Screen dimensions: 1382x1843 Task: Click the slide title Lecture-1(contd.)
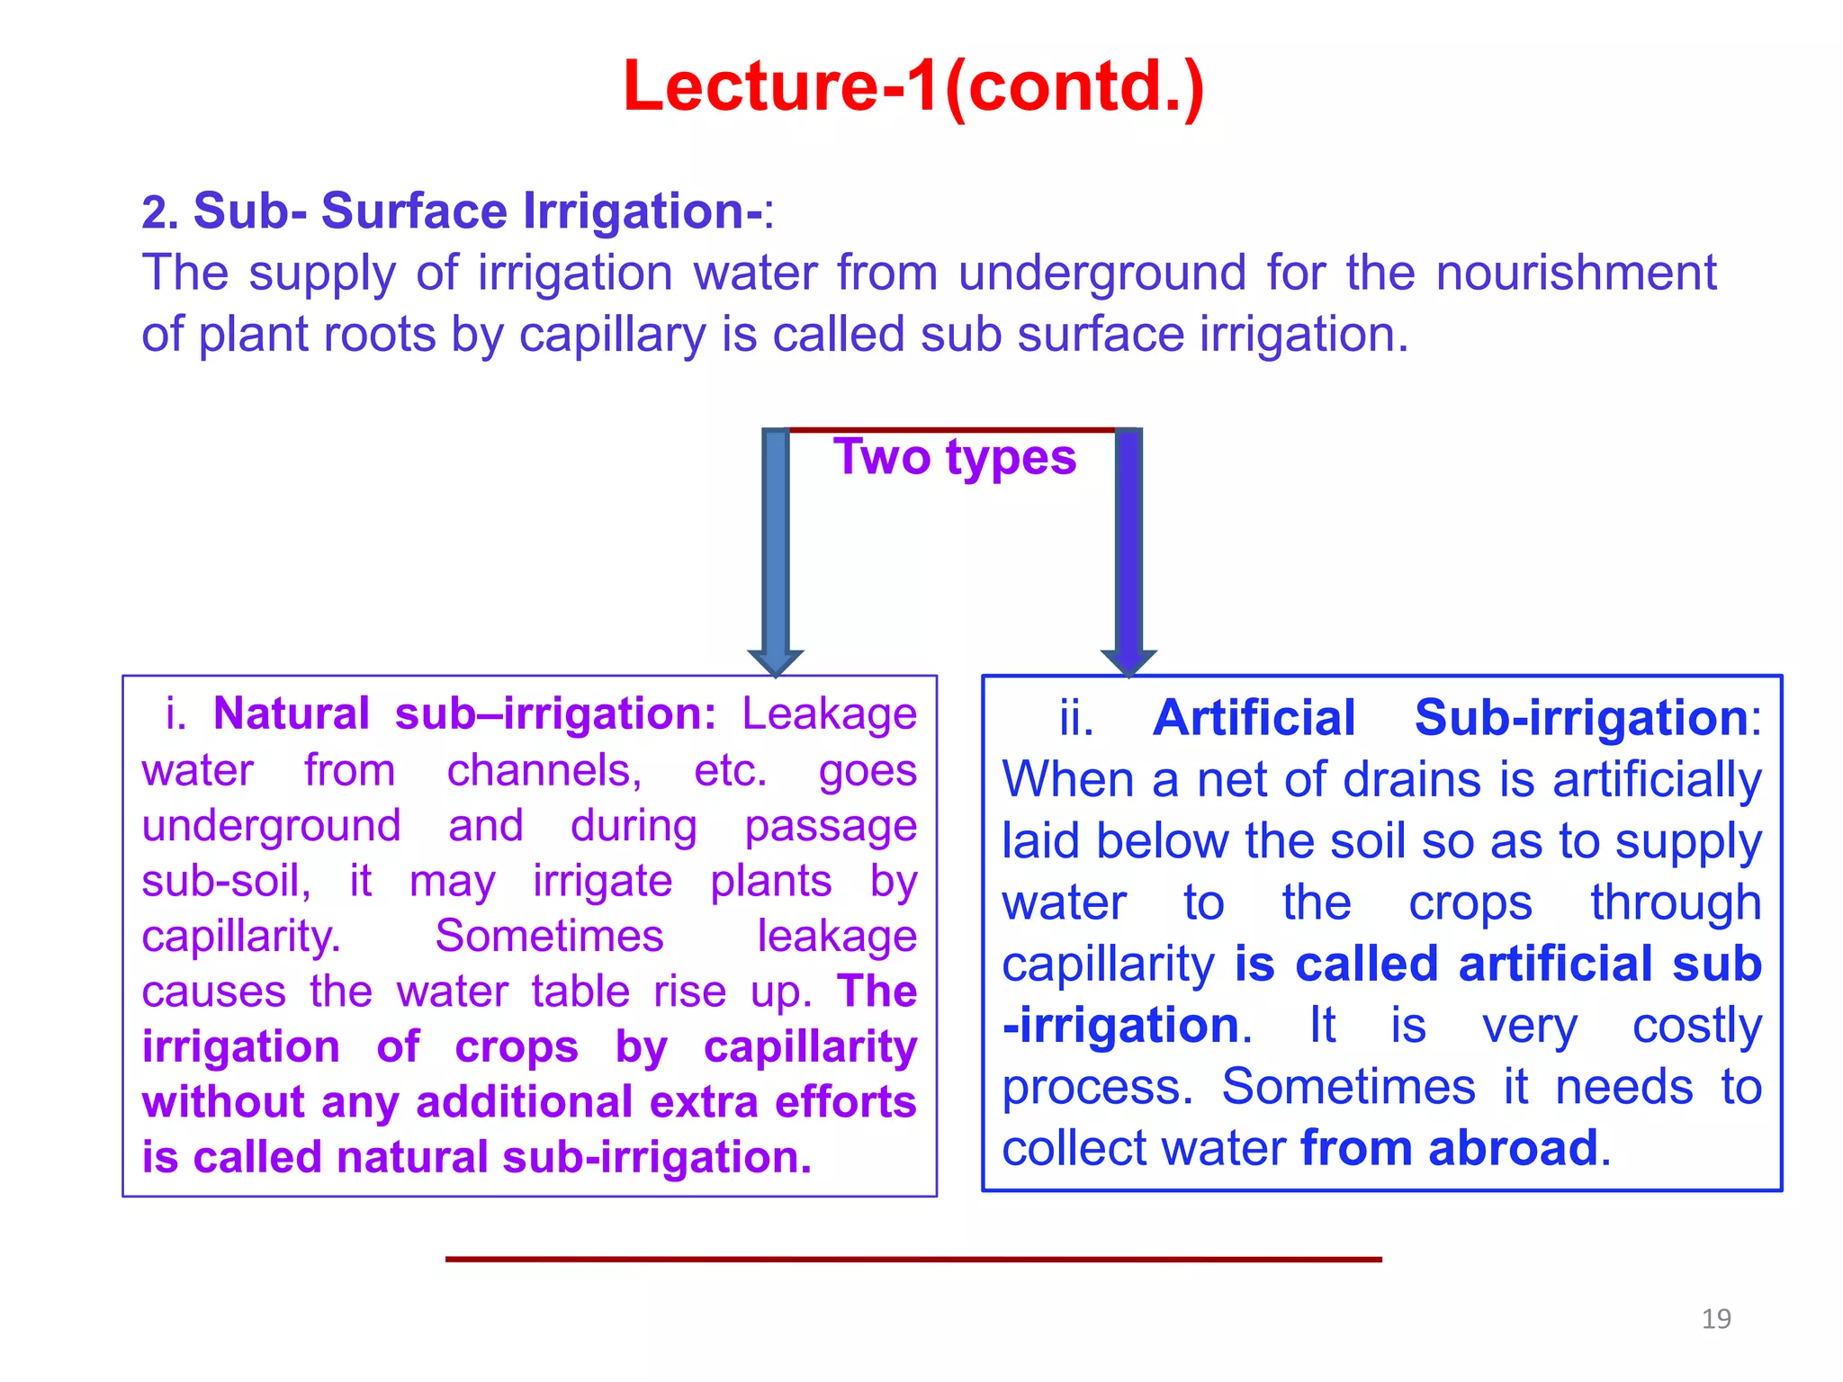913,86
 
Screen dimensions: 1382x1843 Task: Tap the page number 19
1716,1319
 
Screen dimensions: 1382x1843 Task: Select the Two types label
954,457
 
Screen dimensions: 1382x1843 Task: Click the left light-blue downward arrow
776,549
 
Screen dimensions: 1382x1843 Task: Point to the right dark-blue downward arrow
1128,549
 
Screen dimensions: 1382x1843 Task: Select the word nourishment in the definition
1576,273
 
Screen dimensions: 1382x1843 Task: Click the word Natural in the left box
292,713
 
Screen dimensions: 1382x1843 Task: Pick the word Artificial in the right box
1254,718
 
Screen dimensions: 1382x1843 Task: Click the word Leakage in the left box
829,713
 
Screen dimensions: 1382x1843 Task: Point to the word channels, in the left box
544,771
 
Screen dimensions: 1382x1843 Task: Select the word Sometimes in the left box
549,936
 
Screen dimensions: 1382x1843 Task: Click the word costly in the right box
1696,1026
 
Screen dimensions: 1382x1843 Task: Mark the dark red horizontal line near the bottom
913,1260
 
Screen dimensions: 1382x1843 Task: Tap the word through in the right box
1675,903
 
